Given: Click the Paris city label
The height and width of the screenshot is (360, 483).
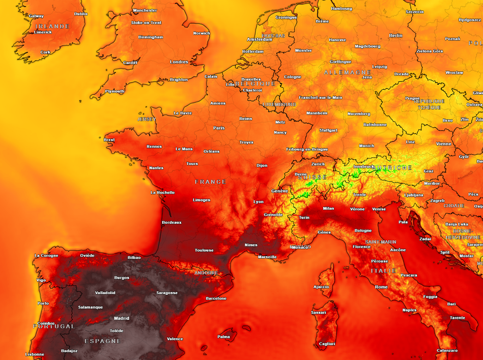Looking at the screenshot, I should point(219,128).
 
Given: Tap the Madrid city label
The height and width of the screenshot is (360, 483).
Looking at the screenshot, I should point(122,319).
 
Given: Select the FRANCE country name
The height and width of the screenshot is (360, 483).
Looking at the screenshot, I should point(210,182).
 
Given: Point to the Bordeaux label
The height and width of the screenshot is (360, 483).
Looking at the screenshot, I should point(172,222).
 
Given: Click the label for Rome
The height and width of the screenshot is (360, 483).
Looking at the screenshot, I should point(381,287).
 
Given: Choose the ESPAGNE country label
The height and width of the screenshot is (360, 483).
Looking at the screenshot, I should point(103,341).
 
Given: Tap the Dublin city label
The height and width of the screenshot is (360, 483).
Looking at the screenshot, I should point(81,14).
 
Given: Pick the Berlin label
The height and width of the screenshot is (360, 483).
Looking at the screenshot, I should point(396,36).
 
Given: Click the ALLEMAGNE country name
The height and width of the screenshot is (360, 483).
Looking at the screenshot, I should point(348,73).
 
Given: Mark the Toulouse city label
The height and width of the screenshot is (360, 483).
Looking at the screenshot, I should point(204,251).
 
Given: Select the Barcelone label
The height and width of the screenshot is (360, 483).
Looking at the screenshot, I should point(216,299).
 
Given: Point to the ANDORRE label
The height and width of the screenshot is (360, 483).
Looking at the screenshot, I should point(206,273).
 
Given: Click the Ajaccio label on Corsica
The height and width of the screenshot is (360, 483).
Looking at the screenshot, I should point(321,287).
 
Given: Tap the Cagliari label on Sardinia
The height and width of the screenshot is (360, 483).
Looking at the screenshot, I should point(327,344).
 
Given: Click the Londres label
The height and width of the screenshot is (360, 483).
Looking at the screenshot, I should point(179,62).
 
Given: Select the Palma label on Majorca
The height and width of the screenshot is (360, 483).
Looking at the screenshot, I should point(224,337).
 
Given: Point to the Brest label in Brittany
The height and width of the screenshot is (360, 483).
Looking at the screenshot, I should point(109,140).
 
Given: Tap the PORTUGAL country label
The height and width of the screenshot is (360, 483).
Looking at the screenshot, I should point(54,327).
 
